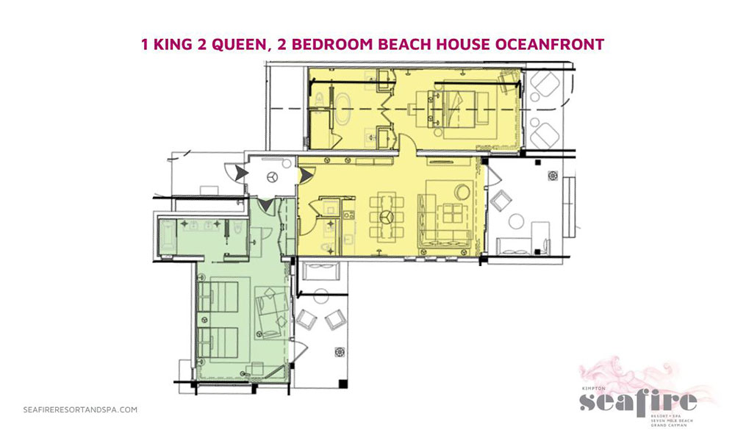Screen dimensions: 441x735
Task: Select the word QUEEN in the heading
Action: tap(237, 44)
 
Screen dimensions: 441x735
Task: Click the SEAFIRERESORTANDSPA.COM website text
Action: tap(80, 410)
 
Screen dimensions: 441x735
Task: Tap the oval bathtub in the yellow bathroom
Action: tap(343, 110)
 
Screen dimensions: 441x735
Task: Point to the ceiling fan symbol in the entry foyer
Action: tap(272, 176)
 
